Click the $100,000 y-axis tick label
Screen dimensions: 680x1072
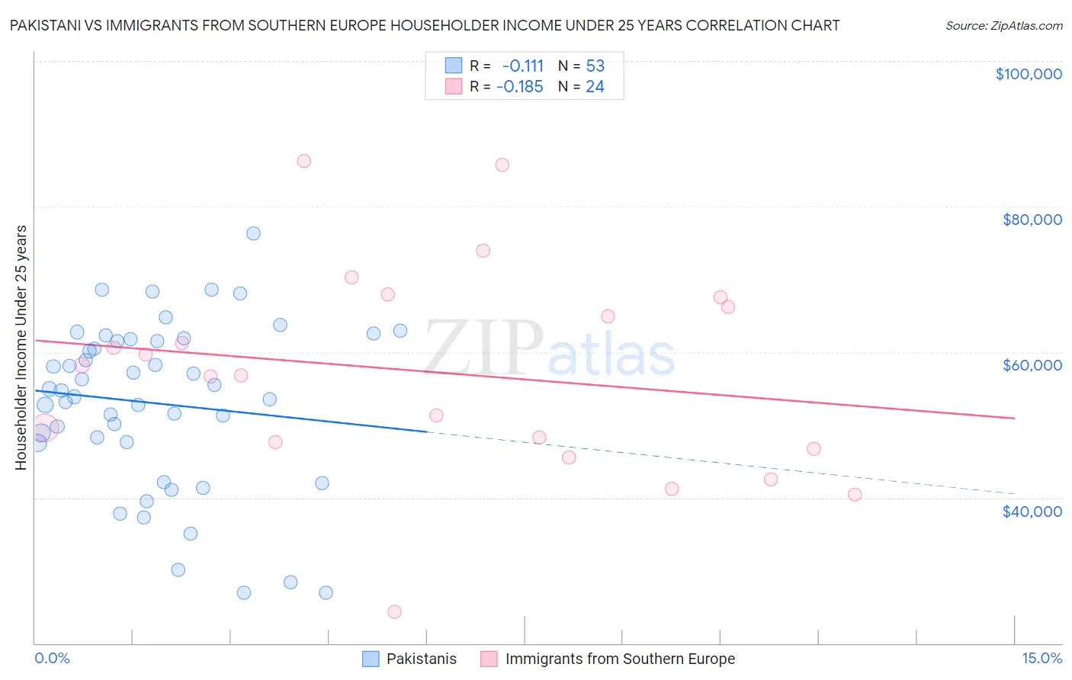tap(1029, 74)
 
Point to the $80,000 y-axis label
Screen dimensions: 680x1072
tap(1032, 220)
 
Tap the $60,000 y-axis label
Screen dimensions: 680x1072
tap(1032, 365)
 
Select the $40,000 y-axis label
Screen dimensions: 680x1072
tap(1032, 511)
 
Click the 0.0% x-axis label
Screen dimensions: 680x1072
tap(52, 658)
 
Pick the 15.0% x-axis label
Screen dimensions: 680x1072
tap(1042, 658)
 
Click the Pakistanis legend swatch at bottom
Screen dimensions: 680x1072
tap(371, 659)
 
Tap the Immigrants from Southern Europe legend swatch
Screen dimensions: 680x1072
tap(489, 659)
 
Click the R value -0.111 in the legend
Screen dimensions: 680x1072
tap(522, 66)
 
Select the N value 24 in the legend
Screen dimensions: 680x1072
tap(595, 87)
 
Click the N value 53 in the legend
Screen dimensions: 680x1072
tap(595, 66)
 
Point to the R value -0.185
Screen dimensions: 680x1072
tap(519, 87)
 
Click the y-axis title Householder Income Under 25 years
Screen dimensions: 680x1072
tap(21, 347)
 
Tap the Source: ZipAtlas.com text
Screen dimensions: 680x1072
tap(1003, 26)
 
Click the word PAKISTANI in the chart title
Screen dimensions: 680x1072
tap(44, 25)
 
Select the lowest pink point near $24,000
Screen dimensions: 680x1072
tap(394, 611)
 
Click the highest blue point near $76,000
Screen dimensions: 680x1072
tap(253, 233)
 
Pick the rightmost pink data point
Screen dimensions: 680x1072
tap(855, 495)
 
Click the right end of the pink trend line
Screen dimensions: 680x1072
tap(1014, 418)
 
